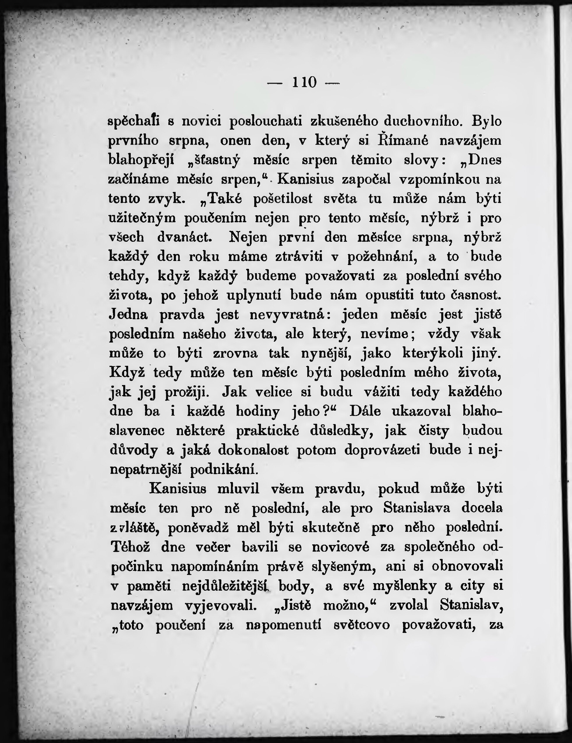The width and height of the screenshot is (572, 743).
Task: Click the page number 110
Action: tap(304, 82)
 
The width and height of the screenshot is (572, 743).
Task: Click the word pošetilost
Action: tap(283, 199)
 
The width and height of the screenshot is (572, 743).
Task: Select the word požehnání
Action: tap(382, 257)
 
